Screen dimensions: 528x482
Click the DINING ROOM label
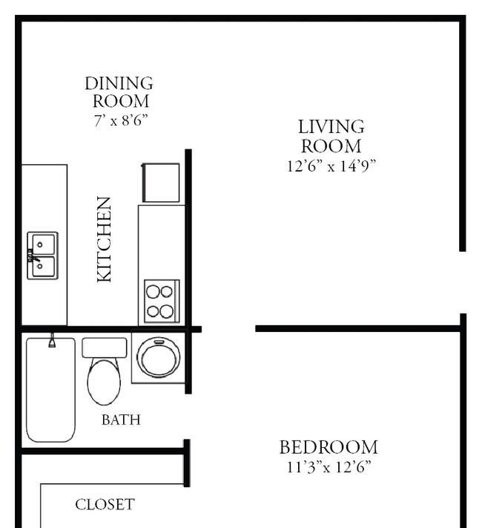coord(119,92)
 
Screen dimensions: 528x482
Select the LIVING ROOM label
coord(331,137)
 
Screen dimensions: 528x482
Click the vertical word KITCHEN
coord(105,238)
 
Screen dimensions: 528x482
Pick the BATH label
coord(120,420)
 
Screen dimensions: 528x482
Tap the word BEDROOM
coord(328,447)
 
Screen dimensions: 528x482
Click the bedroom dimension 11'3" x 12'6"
coord(328,467)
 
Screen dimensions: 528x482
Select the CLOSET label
coord(105,505)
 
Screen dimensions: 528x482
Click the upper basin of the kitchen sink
coord(43,244)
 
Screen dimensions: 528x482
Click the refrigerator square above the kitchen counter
coord(161,183)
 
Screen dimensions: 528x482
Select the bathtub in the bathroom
coord(50,390)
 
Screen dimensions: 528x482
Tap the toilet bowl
coord(104,382)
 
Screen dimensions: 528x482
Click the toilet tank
coord(104,347)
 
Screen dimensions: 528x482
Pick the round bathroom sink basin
coord(159,357)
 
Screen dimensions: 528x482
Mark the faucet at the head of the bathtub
coord(52,341)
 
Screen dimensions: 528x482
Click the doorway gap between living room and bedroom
coord(228,328)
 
